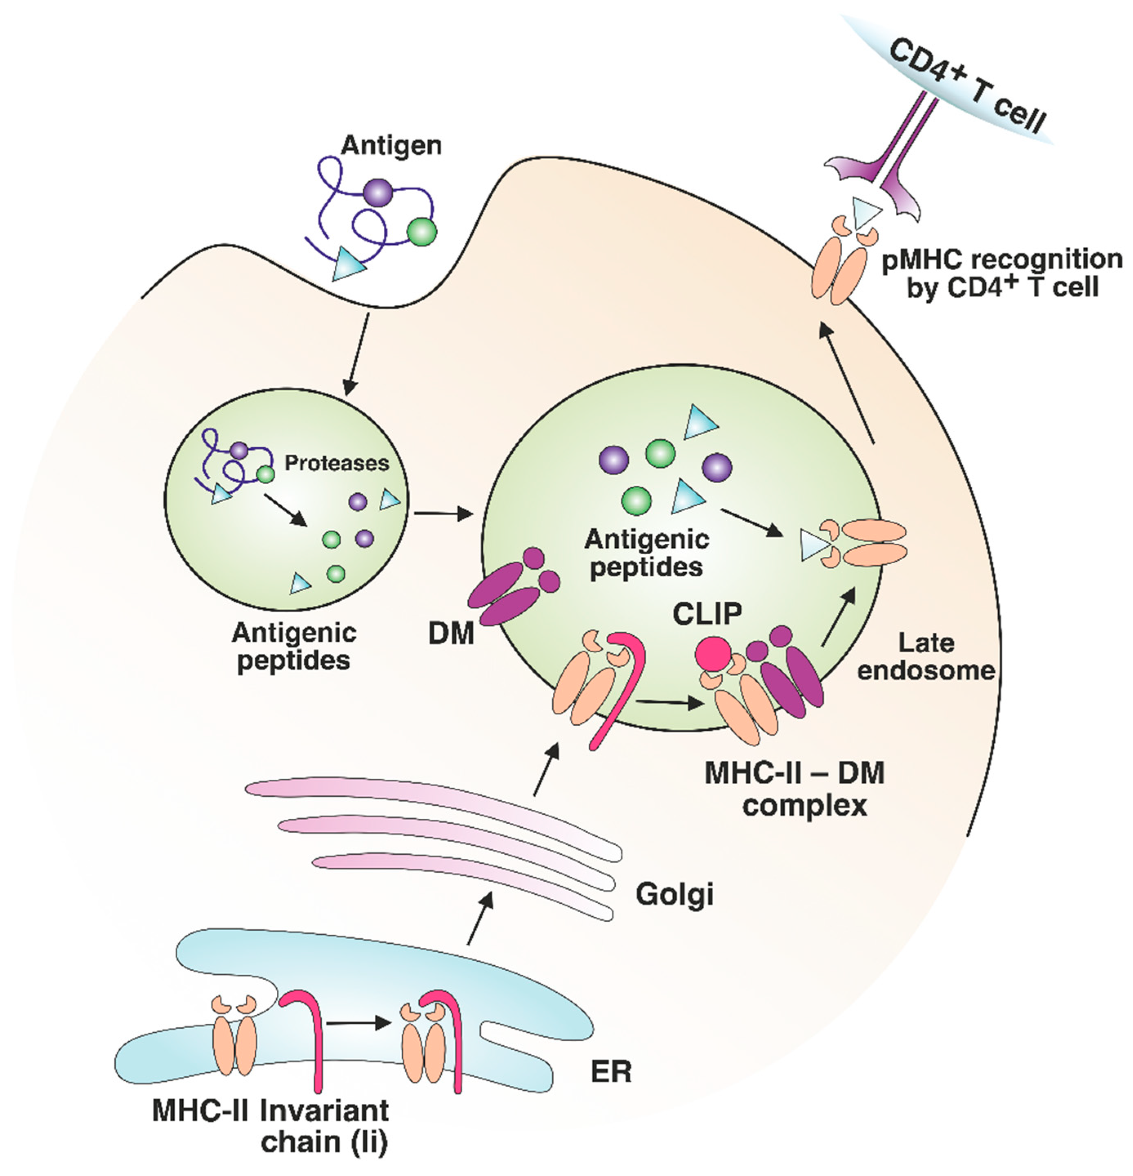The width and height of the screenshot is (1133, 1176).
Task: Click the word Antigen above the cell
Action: pos(391,146)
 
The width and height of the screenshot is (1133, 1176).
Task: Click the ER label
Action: pos(611,1072)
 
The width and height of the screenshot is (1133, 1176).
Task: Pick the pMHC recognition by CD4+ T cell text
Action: pos(1001,273)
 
